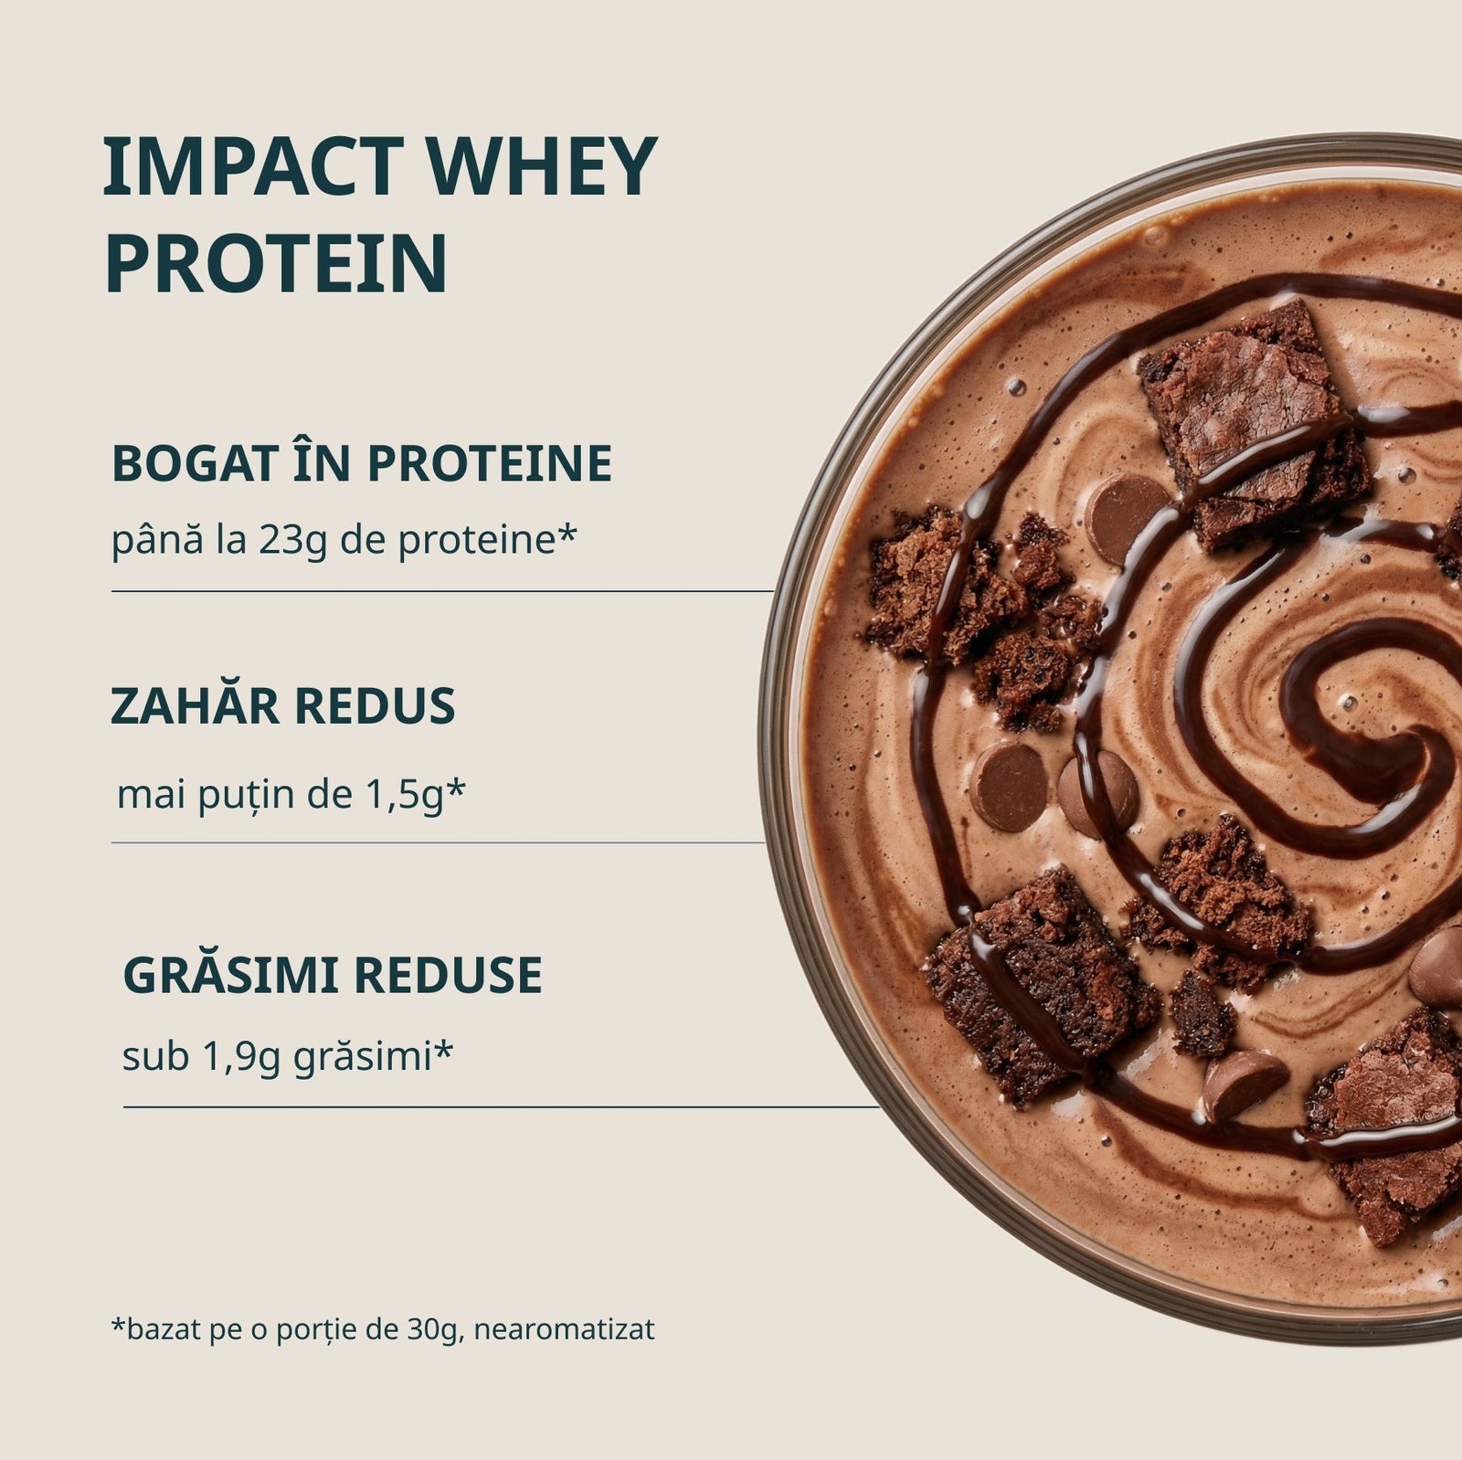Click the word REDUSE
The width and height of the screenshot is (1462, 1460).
pyautogui.click(x=448, y=976)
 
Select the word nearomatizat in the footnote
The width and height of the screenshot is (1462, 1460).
pyautogui.click(x=565, y=1329)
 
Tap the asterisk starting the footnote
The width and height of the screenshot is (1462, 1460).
pyautogui.click(x=118, y=1324)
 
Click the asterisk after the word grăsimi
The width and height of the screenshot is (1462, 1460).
pyautogui.click(x=442, y=1050)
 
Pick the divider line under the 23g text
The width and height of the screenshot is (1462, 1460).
pyautogui.click(x=442, y=591)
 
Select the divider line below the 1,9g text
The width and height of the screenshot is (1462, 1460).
pyautogui.click(x=501, y=1106)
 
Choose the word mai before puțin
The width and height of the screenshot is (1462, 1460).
pyautogui.click(x=145, y=796)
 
